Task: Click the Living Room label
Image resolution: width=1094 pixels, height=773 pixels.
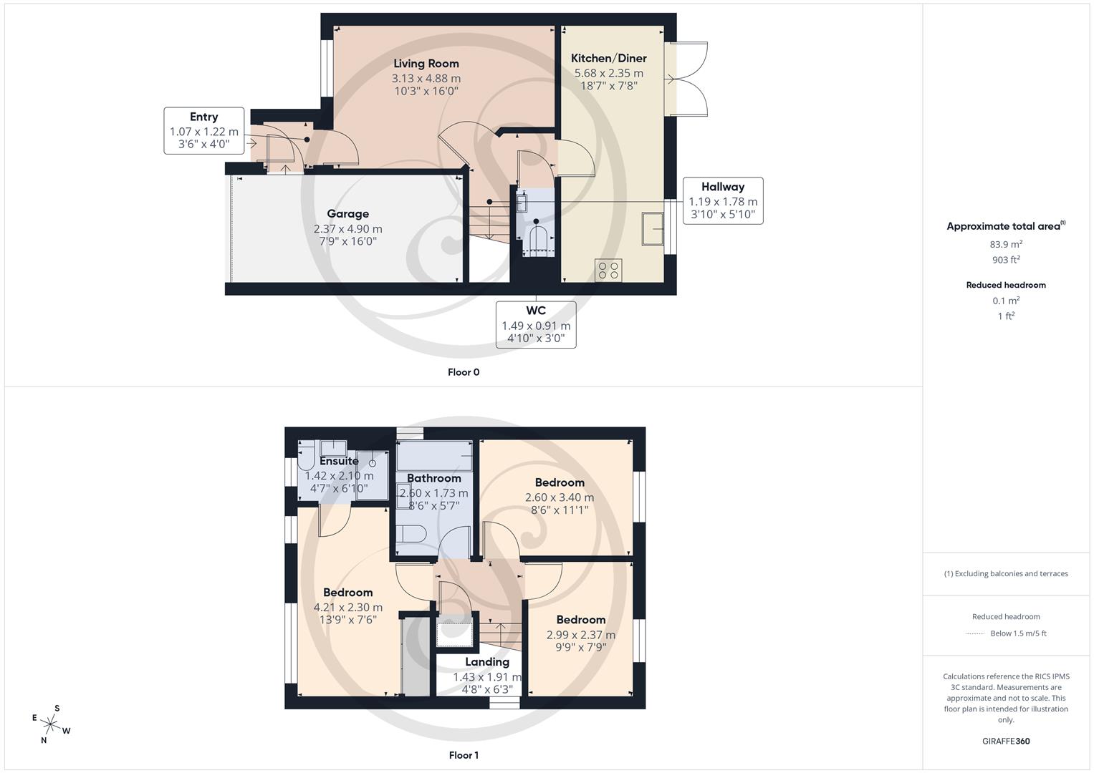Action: pyautogui.click(x=426, y=64)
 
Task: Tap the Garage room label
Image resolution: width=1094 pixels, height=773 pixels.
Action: pyautogui.click(x=347, y=213)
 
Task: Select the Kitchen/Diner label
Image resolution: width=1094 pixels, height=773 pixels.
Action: pyautogui.click(x=608, y=58)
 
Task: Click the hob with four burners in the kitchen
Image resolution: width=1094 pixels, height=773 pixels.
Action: pyautogui.click(x=608, y=270)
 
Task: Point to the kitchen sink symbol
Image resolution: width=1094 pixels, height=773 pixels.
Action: pyautogui.click(x=653, y=228)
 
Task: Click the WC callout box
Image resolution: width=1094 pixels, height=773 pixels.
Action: pyautogui.click(x=536, y=324)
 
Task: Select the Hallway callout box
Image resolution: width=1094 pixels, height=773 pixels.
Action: pyautogui.click(x=722, y=200)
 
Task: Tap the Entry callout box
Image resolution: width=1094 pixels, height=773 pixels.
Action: pyautogui.click(x=204, y=130)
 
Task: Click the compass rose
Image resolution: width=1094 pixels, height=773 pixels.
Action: pyautogui.click(x=52, y=724)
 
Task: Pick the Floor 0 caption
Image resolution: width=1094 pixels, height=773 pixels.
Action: pyautogui.click(x=464, y=372)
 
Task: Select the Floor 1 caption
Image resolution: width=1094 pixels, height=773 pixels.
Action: pyautogui.click(x=464, y=755)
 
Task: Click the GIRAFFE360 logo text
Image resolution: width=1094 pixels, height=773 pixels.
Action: pyautogui.click(x=1006, y=741)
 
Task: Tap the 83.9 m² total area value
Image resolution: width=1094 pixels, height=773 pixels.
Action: pyautogui.click(x=1006, y=244)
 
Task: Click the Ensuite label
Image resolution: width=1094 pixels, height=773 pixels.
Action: pyautogui.click(x=339, y=461)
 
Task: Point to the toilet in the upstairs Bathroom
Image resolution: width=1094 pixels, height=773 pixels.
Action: pyautogui.click(x=413, y=534)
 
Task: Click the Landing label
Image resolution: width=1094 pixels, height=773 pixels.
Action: pyautogui.click(x=487, y=662)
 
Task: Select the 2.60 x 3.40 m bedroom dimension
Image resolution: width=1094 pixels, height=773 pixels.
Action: pyautogui.click(x=560, y=497)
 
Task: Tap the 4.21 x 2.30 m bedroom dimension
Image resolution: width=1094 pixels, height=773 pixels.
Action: pyautogui.click(x=347, y=607)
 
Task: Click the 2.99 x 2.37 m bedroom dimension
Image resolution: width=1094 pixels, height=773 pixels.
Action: pyautogui.click(x=580, y=634)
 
